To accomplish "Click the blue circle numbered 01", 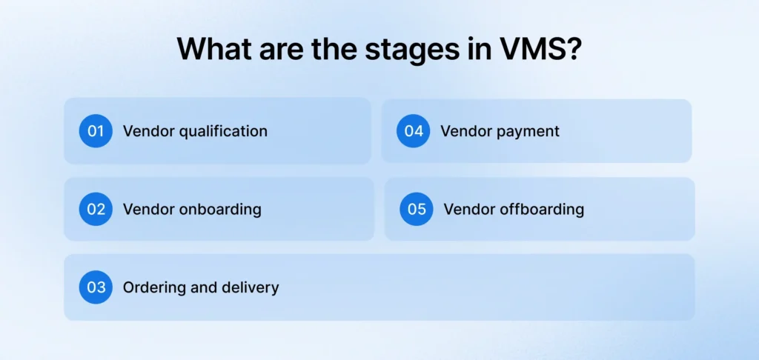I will tap(96, 131).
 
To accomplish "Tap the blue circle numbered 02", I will tap(96, 209).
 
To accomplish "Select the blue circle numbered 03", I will tap(96, 287).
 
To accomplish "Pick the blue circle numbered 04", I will tap(413, 131).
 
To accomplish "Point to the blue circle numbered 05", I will tap(417, 209).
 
